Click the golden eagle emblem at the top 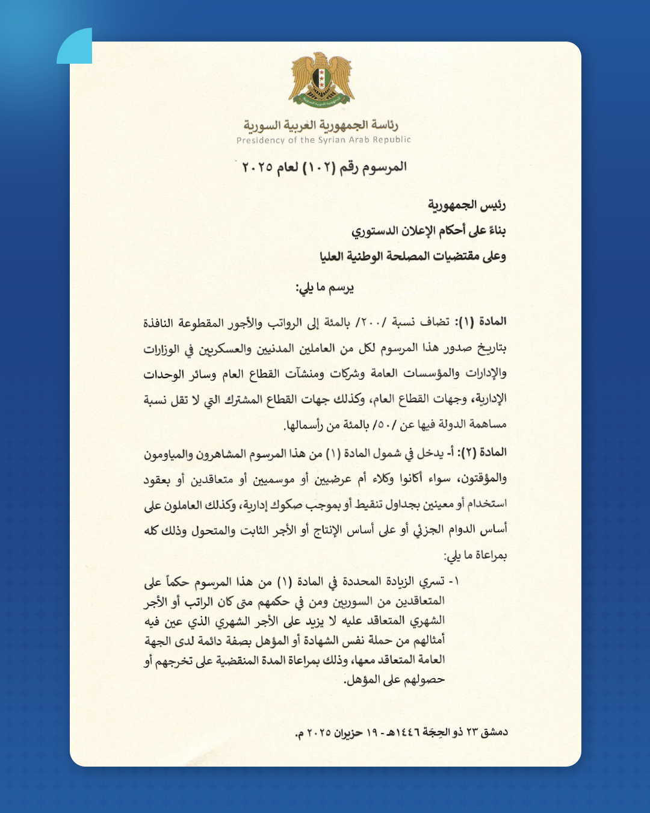click(x=321, y=81)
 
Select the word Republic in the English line click(x=392, y=140)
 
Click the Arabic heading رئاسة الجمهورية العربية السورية click(x=321, y=125)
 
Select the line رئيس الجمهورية click(x=466, y=205)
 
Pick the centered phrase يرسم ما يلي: click(x=324, y=288)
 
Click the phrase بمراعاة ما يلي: click(x=475, y=555)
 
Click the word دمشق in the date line click(x=495, y=732)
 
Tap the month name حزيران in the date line click(x=348, y=733)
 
